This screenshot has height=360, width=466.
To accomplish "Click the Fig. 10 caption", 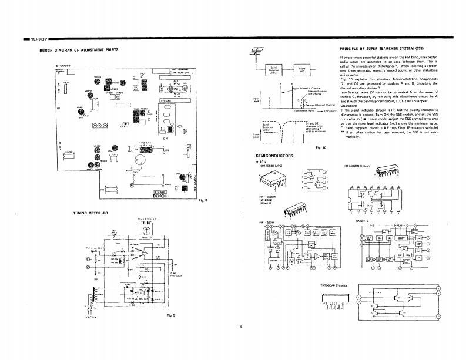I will pyautogui.click(x=321, y=147).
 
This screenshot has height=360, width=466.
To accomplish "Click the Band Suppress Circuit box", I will pyautogui.click(x=274, y=70).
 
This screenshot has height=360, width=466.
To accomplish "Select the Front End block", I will pyautogui.click(x=301, y=70).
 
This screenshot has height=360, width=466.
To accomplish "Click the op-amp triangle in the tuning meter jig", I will pyautogui.click(x=138, y=254).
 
